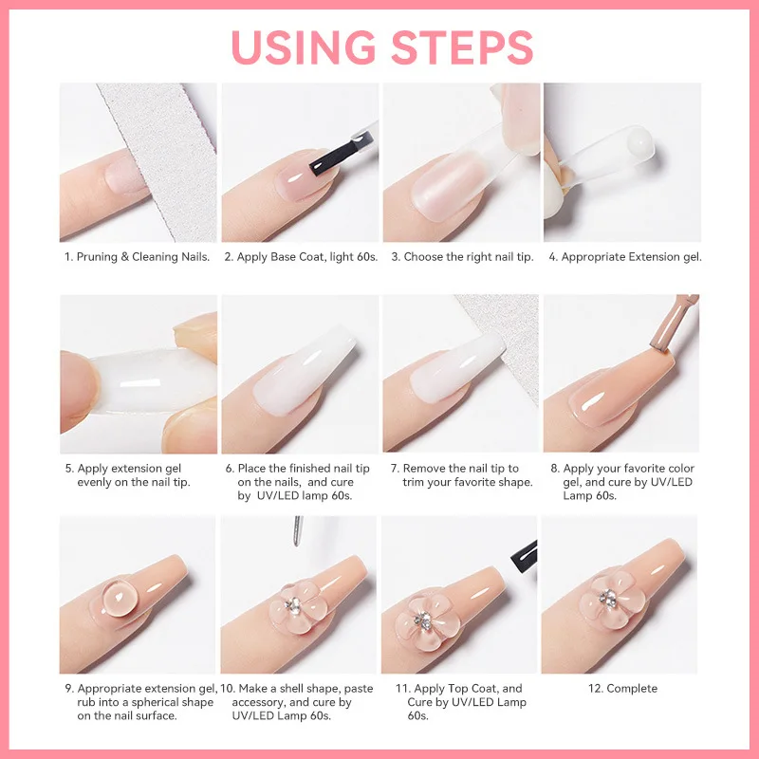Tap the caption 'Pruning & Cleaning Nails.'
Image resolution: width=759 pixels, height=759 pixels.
143,257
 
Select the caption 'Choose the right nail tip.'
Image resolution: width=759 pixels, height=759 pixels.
469,257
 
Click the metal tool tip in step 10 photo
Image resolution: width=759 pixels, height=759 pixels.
298,532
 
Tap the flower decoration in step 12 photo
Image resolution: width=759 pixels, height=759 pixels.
603,599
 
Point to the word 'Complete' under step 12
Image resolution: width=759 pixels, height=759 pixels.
632,689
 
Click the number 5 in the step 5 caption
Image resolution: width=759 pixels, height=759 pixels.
68,469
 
